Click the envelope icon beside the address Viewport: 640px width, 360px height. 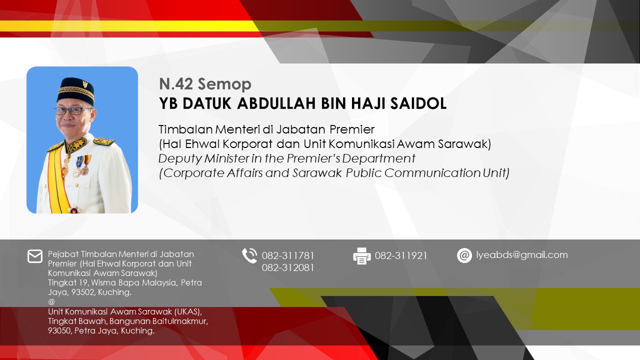(35, 256)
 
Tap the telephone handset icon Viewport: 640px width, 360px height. (249, 255)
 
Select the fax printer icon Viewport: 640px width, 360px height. (361, 256)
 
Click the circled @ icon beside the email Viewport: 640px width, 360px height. (464, 255)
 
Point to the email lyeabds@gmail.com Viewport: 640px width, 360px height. (522, 255)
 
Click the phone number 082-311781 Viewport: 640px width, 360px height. (288, 255)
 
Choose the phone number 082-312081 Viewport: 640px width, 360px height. (288, 267)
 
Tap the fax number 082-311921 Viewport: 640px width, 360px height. (401, 255)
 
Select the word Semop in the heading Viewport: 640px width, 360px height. (224, 84)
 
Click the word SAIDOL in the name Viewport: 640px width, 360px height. (418, 103)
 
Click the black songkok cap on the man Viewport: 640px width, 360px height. (75, 91)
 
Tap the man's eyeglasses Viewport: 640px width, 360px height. (73, 111)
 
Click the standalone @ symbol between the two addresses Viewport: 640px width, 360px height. (51, 301)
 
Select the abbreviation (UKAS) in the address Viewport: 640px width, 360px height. (187, 311)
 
